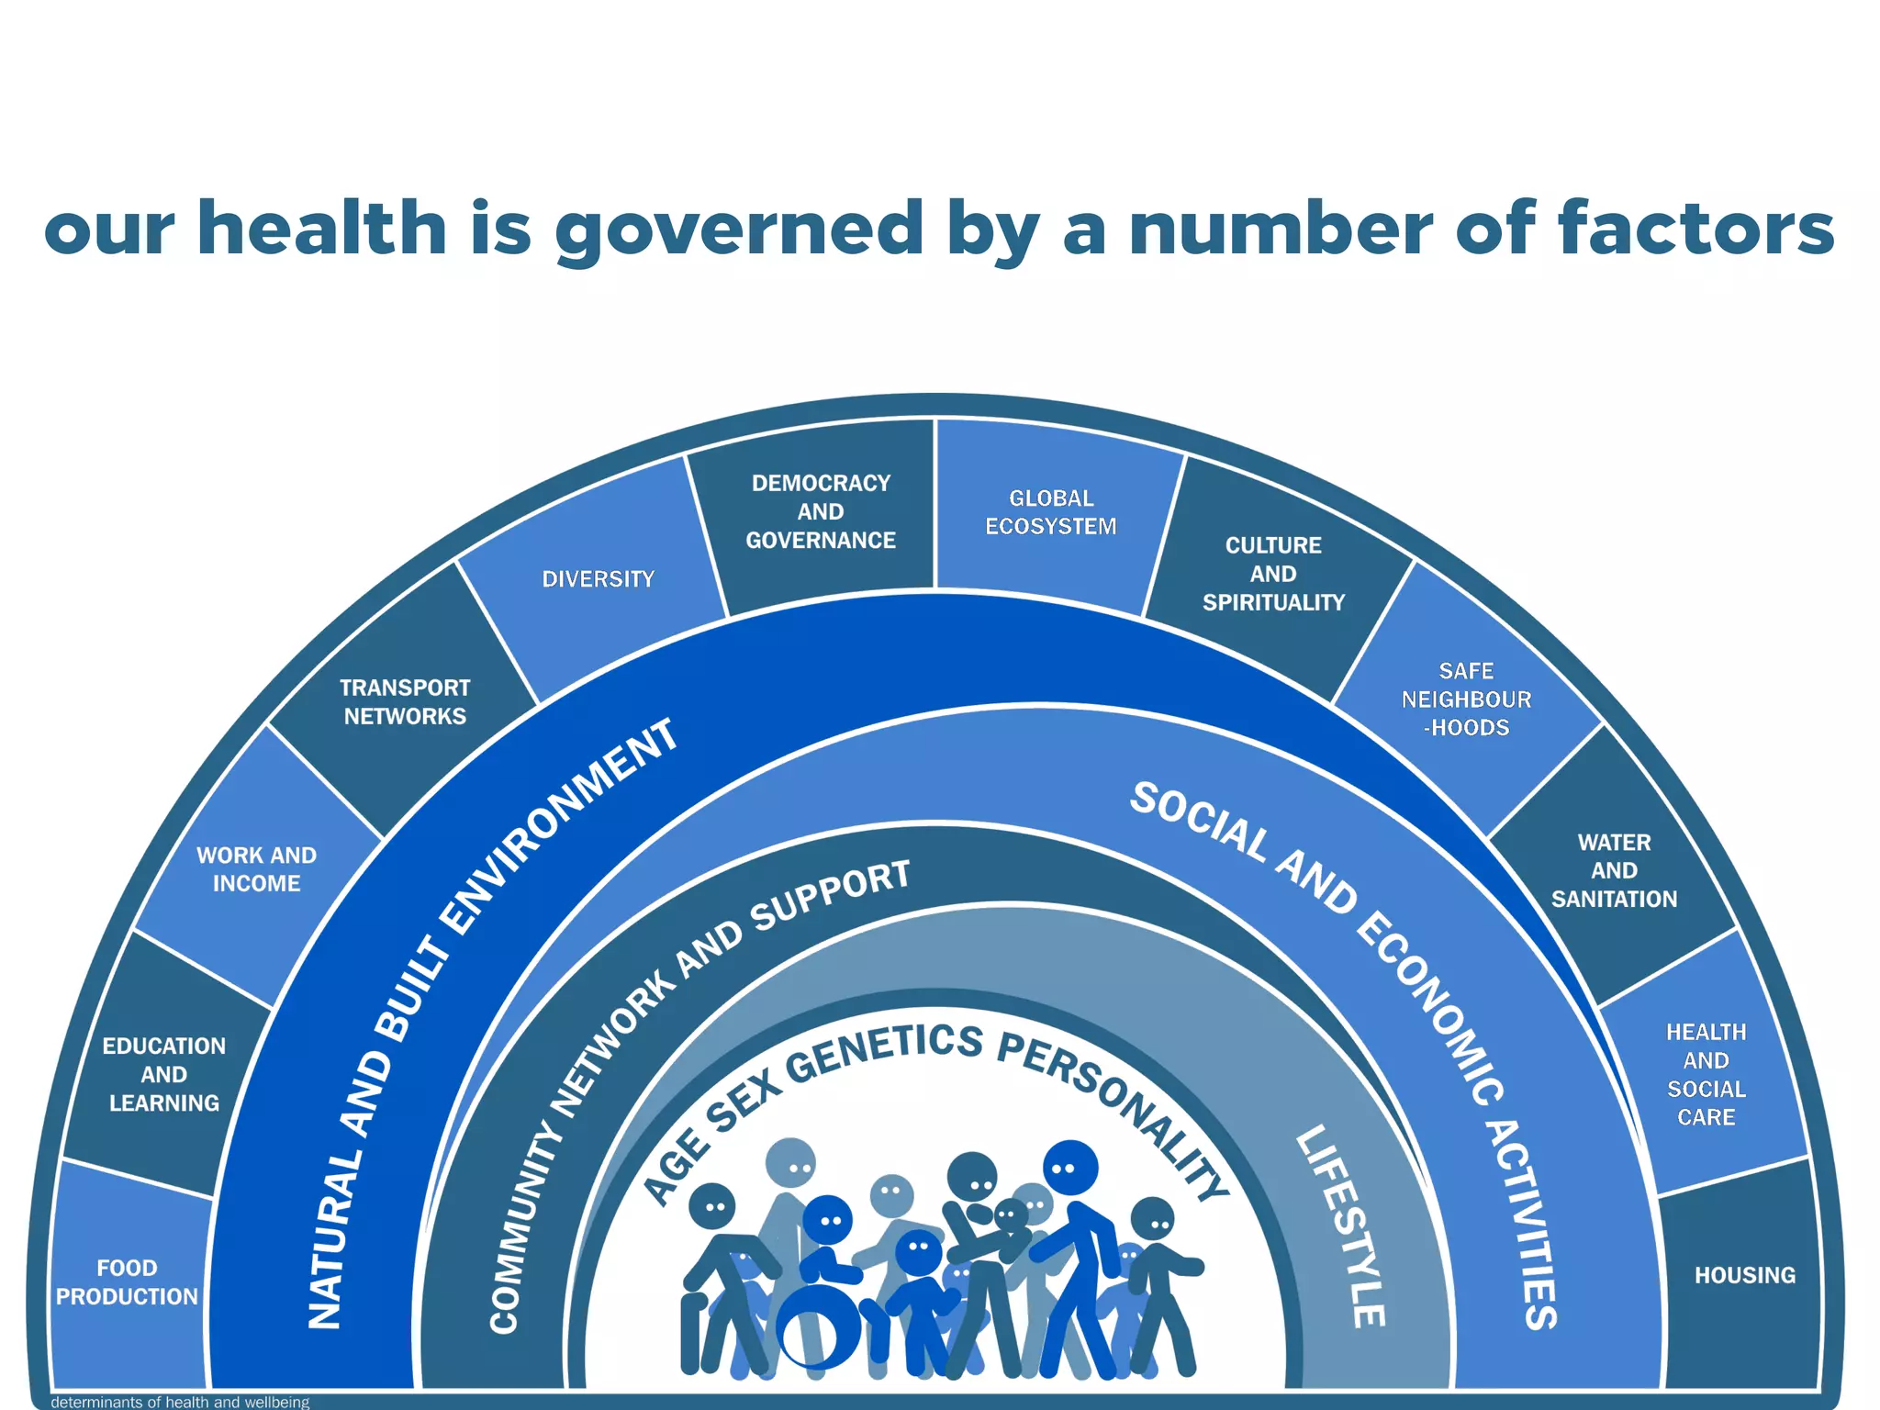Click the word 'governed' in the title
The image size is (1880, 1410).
pos(739,229)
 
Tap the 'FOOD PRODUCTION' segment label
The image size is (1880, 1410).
pos(127,1282)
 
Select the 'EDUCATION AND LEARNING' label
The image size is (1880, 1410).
pos(164,1074)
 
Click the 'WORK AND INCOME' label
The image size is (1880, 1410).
pos(256,869)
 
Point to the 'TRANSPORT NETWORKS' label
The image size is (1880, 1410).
pos(405,702)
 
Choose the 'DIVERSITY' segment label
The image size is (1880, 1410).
pos(599,579)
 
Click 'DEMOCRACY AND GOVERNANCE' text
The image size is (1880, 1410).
pos(821,511)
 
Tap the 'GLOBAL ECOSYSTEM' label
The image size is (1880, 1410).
pos(1051,512)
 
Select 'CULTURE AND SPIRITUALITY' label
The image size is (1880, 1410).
pos(1273,574)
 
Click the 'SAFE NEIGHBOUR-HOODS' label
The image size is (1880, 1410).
pos(1466,699)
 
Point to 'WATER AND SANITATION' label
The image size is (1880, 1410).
pos(1614,870)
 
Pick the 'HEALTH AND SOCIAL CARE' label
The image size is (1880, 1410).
pos(1706,1074)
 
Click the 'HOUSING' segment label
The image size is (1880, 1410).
pos(1744,1275)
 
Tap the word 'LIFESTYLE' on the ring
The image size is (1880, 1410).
pos(1342,1225)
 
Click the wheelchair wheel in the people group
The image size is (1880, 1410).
pos(818,1326)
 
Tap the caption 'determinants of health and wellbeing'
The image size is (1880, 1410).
pos(180,1402)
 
